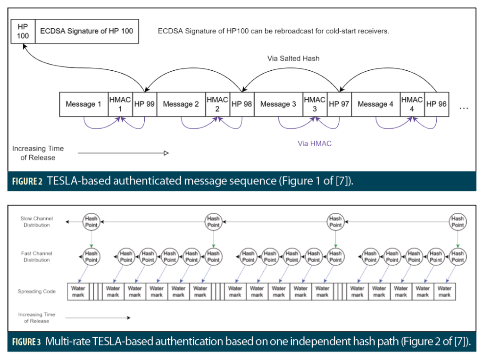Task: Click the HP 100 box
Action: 23,32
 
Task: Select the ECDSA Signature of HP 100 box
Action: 86,32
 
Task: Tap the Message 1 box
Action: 83,104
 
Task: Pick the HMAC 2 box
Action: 217,104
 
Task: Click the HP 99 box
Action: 144,104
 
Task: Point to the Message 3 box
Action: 278,104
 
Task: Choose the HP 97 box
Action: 339,104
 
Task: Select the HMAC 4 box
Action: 412,104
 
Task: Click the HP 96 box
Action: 437,104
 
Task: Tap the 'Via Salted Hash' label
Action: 293,59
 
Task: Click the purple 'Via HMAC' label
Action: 315,143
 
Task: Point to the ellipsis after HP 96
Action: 464,108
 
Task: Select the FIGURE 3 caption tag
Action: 26,341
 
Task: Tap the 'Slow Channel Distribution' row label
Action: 37,222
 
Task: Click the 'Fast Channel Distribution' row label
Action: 37,257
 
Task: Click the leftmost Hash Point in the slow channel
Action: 91,222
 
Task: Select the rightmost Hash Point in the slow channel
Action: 457,222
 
